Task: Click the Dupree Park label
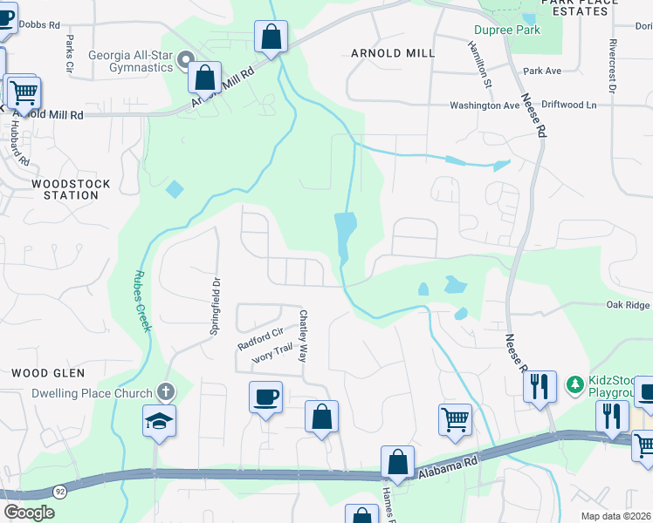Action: pos(507,30)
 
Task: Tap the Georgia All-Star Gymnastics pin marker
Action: pos(185,60)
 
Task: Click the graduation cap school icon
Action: pos(160,421)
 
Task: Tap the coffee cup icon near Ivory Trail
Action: pos(265,397)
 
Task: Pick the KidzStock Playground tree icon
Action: pos(574,384)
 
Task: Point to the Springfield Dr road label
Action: pos(214,308)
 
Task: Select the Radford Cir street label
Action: pos(260,338)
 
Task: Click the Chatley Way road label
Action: pos(304,336)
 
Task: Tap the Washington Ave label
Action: pos(485,105)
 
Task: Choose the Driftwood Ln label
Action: pos(567,105)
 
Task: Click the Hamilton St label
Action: pos(479,65)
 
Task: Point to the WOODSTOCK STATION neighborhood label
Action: pos(65,189)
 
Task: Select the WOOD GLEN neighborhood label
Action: pos(48,373)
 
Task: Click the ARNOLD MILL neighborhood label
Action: pos(393,53)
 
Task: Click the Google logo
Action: pos(29,513)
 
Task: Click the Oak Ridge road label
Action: pos(629,305)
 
